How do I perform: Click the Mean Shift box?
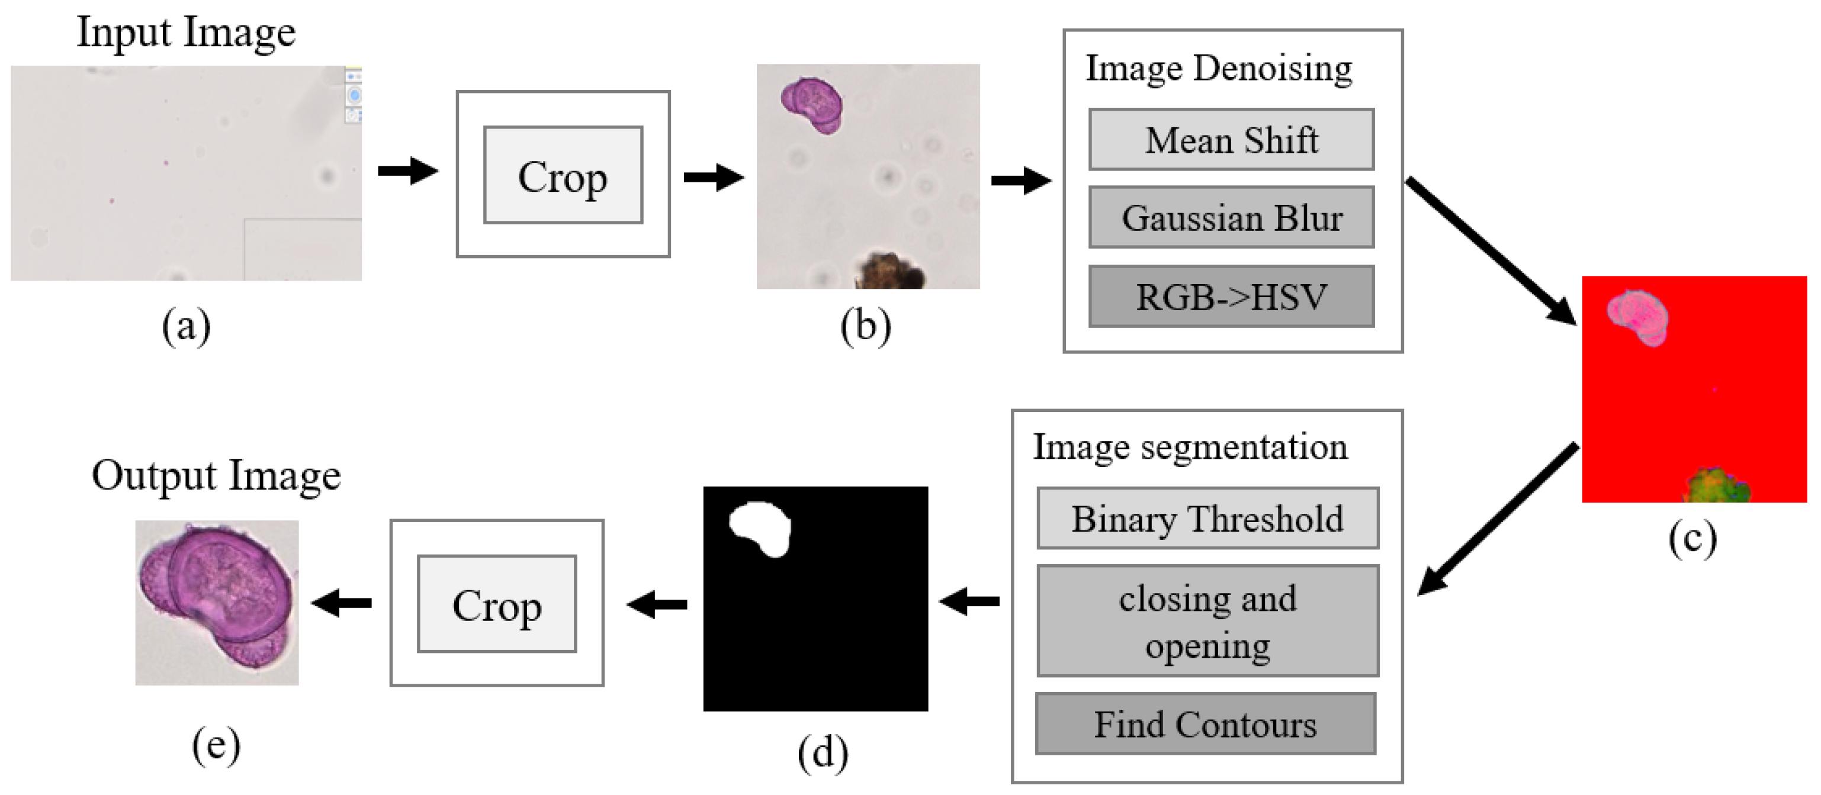pyautogui.click(x=1231, y=139)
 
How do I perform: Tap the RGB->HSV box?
pyautogui.click(x=1231, y=296)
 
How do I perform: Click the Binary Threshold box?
pyautogui.click(x=1207, y=518)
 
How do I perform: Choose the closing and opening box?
pyautogui.click(x=1207, y=620)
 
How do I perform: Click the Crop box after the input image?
pyautogui.click(x=563, y=175)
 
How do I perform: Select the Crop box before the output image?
pyautogui.click(x=496, y=604)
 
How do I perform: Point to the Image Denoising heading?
pyautogui.click(x=1218, y=69)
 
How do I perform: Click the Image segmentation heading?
pyautogui.click(x=1190, y=446)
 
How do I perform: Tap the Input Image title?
pyautogui.click(x=186, y=33)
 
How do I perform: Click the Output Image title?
pyautogui.click(x=216, y=475)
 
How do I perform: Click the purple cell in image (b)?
pyautogui.click(x=813, y=105)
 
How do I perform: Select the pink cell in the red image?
pyautogui.click(x=1638, y=317)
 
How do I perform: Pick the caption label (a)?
pyautogui.click(x=186, y=327)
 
